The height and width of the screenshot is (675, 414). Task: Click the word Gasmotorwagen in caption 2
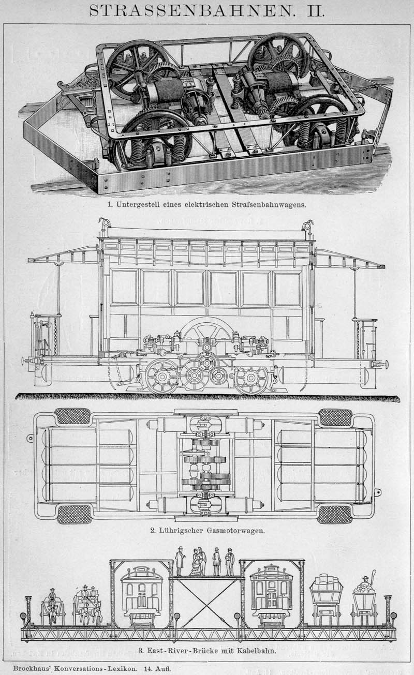235,530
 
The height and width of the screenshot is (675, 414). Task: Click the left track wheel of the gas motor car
161,376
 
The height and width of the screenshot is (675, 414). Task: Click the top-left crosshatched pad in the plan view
72,416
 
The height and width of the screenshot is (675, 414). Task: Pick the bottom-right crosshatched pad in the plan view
335,514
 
